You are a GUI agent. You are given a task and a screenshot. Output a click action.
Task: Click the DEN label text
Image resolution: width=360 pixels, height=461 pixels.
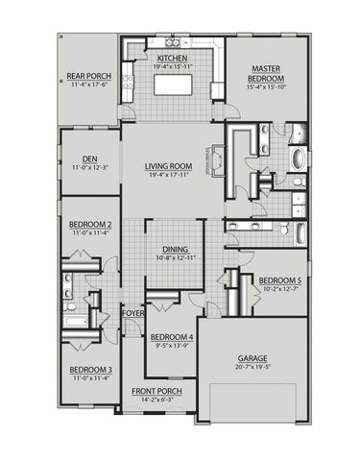pos(88,158)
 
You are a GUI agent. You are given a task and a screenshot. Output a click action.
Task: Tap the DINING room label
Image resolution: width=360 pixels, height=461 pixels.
pos(175,248)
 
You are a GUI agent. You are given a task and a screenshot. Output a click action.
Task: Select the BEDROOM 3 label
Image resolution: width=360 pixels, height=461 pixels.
pos(90,370)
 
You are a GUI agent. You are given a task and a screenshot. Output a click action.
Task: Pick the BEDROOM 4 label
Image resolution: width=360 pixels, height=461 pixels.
pos(172,336)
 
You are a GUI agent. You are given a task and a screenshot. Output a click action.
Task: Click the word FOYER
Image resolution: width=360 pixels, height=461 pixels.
pos(132,313)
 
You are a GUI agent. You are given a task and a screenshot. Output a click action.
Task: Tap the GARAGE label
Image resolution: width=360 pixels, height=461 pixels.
pos(253,358)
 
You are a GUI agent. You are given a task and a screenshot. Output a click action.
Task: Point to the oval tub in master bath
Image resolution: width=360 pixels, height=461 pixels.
pos(296,158)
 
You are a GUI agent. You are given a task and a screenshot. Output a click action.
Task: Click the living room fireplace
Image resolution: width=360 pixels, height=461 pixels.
pos(217,158)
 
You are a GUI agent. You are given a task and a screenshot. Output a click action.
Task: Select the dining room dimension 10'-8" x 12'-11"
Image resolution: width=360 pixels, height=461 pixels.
pos(175,257)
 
